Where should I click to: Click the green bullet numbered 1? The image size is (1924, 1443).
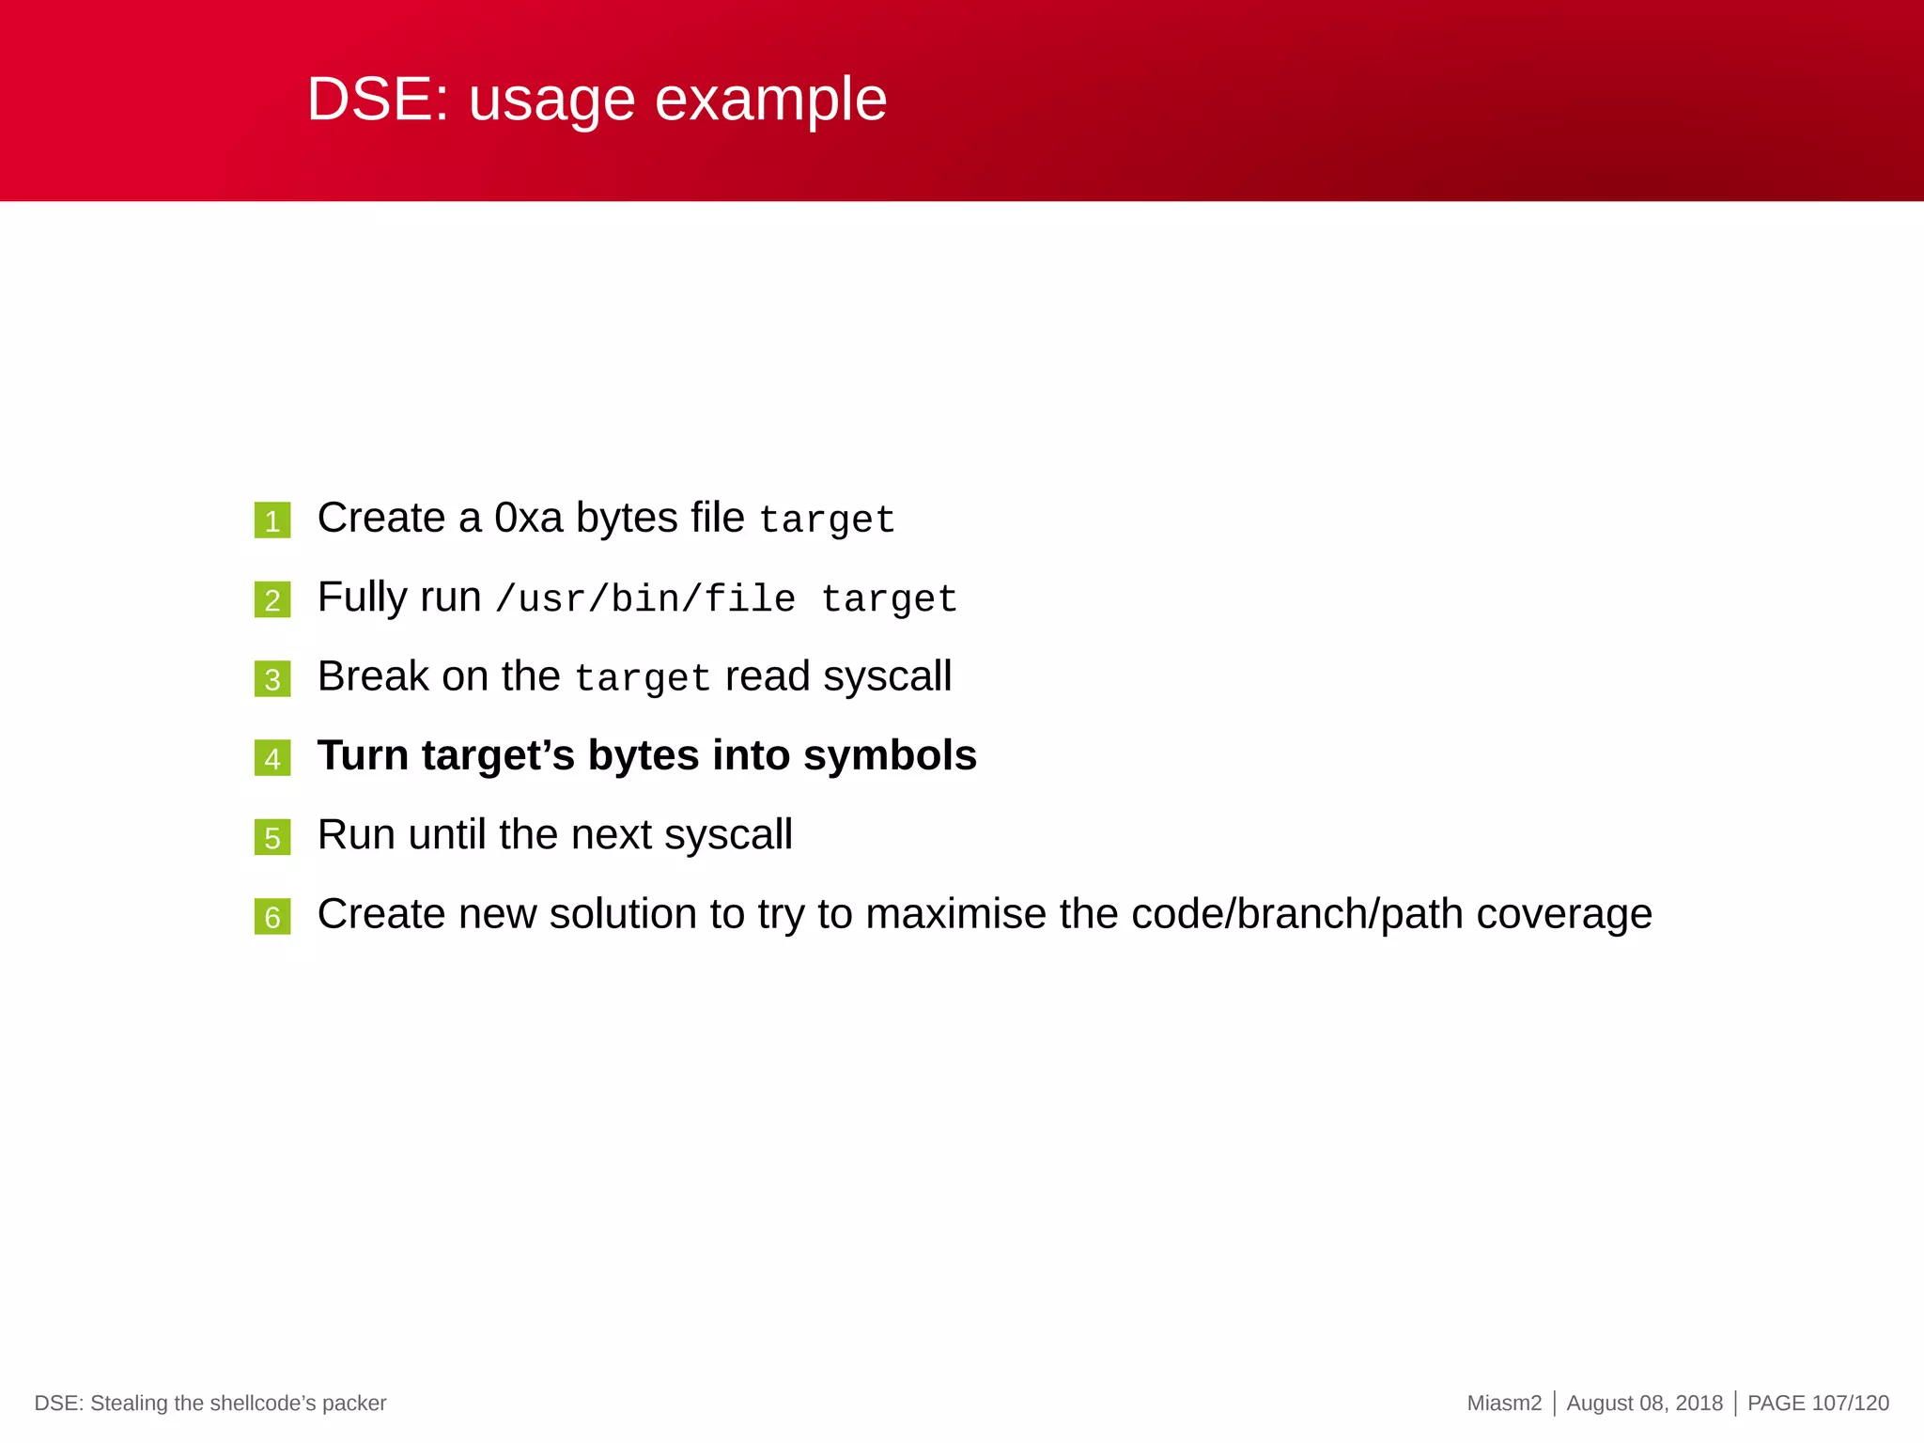[272, 520]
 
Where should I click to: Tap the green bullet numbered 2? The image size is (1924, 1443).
[272, 599]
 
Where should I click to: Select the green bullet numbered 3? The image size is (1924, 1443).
[272, 678]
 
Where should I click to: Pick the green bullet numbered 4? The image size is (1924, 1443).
[272, 758]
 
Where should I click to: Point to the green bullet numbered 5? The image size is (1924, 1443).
[272, 837]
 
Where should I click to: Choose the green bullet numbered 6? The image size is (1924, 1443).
[272, 916]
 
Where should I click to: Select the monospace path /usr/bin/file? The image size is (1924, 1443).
[645, 599]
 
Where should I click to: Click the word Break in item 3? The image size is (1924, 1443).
[372, 676]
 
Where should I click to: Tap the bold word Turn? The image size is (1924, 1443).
[363, 755]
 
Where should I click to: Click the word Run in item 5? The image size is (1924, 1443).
[355, 834]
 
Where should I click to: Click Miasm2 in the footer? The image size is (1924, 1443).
[1504, 1404]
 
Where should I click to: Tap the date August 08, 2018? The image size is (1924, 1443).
[1644, 1404]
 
